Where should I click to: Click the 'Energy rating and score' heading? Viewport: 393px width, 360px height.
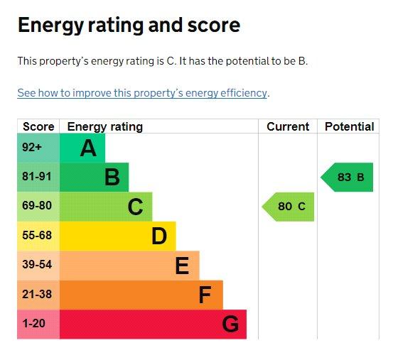129,26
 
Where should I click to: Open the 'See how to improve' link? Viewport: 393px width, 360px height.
142,93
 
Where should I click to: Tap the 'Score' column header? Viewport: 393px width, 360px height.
38,126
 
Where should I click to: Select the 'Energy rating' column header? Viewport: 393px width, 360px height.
105,126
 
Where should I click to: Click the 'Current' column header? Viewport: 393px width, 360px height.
288,126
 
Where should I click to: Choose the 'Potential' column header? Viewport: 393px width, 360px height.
350,126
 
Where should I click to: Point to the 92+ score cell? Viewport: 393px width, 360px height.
32,147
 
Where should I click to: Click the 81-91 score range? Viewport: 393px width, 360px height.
36,176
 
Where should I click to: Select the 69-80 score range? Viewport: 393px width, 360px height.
37,205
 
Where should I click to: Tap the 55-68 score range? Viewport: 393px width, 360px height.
37,235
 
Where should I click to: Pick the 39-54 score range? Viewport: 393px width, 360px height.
37,264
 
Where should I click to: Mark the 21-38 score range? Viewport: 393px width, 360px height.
37,294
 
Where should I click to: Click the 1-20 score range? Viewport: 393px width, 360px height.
34,323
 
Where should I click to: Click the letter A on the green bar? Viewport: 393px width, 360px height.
88,148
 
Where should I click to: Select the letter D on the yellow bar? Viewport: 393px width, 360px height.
159,236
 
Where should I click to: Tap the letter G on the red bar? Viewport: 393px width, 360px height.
230,324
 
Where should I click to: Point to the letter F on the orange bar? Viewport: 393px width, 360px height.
205,295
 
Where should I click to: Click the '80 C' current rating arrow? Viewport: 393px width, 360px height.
288,207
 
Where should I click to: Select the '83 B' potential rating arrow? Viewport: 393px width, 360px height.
347,178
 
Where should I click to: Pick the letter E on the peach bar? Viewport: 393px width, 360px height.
182,266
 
